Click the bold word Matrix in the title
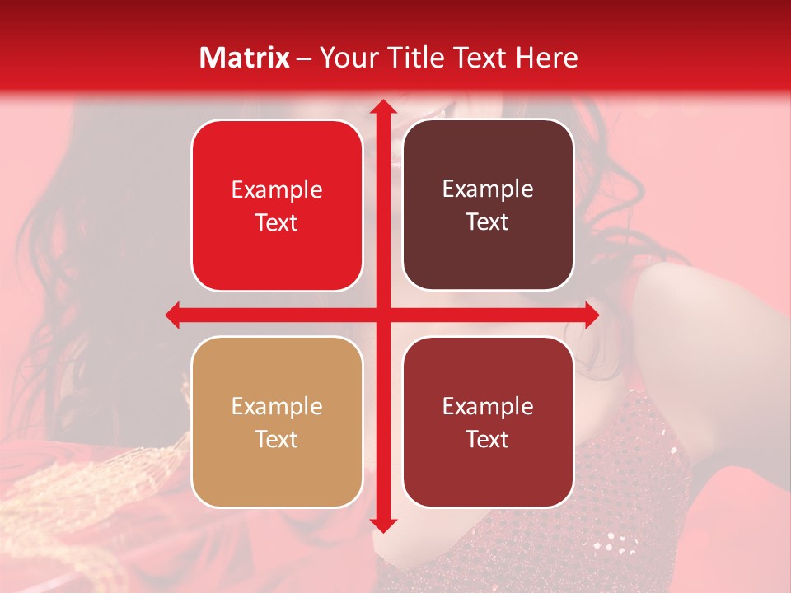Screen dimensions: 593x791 click(x=245, y=58)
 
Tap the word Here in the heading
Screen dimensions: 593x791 click(x=546, y=58)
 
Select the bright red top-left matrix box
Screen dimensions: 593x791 click(x=277, y=206)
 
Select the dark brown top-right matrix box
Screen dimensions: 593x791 click(x=488, y=205)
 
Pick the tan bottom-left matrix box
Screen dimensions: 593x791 click(x=277, y=422)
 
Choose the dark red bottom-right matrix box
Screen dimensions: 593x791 click(x=488, y=422)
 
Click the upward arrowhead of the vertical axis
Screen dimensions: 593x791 click(x=381, y=107)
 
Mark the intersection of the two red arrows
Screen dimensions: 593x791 click(x=381, y=315)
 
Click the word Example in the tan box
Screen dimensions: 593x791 click(x=277, y=406)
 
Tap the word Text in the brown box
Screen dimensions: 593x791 click(x=488, y=222)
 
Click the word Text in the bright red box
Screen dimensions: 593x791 click(x=277, y=223)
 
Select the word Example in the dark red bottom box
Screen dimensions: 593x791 click(x=488, y=406)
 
